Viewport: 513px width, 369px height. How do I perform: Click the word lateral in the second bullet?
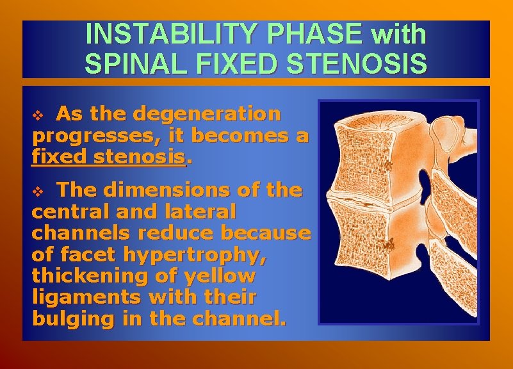pos(200,211)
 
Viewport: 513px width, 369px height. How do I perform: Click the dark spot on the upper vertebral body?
pos(386,165)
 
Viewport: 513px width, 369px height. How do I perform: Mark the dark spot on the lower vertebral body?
pos(387,245)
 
